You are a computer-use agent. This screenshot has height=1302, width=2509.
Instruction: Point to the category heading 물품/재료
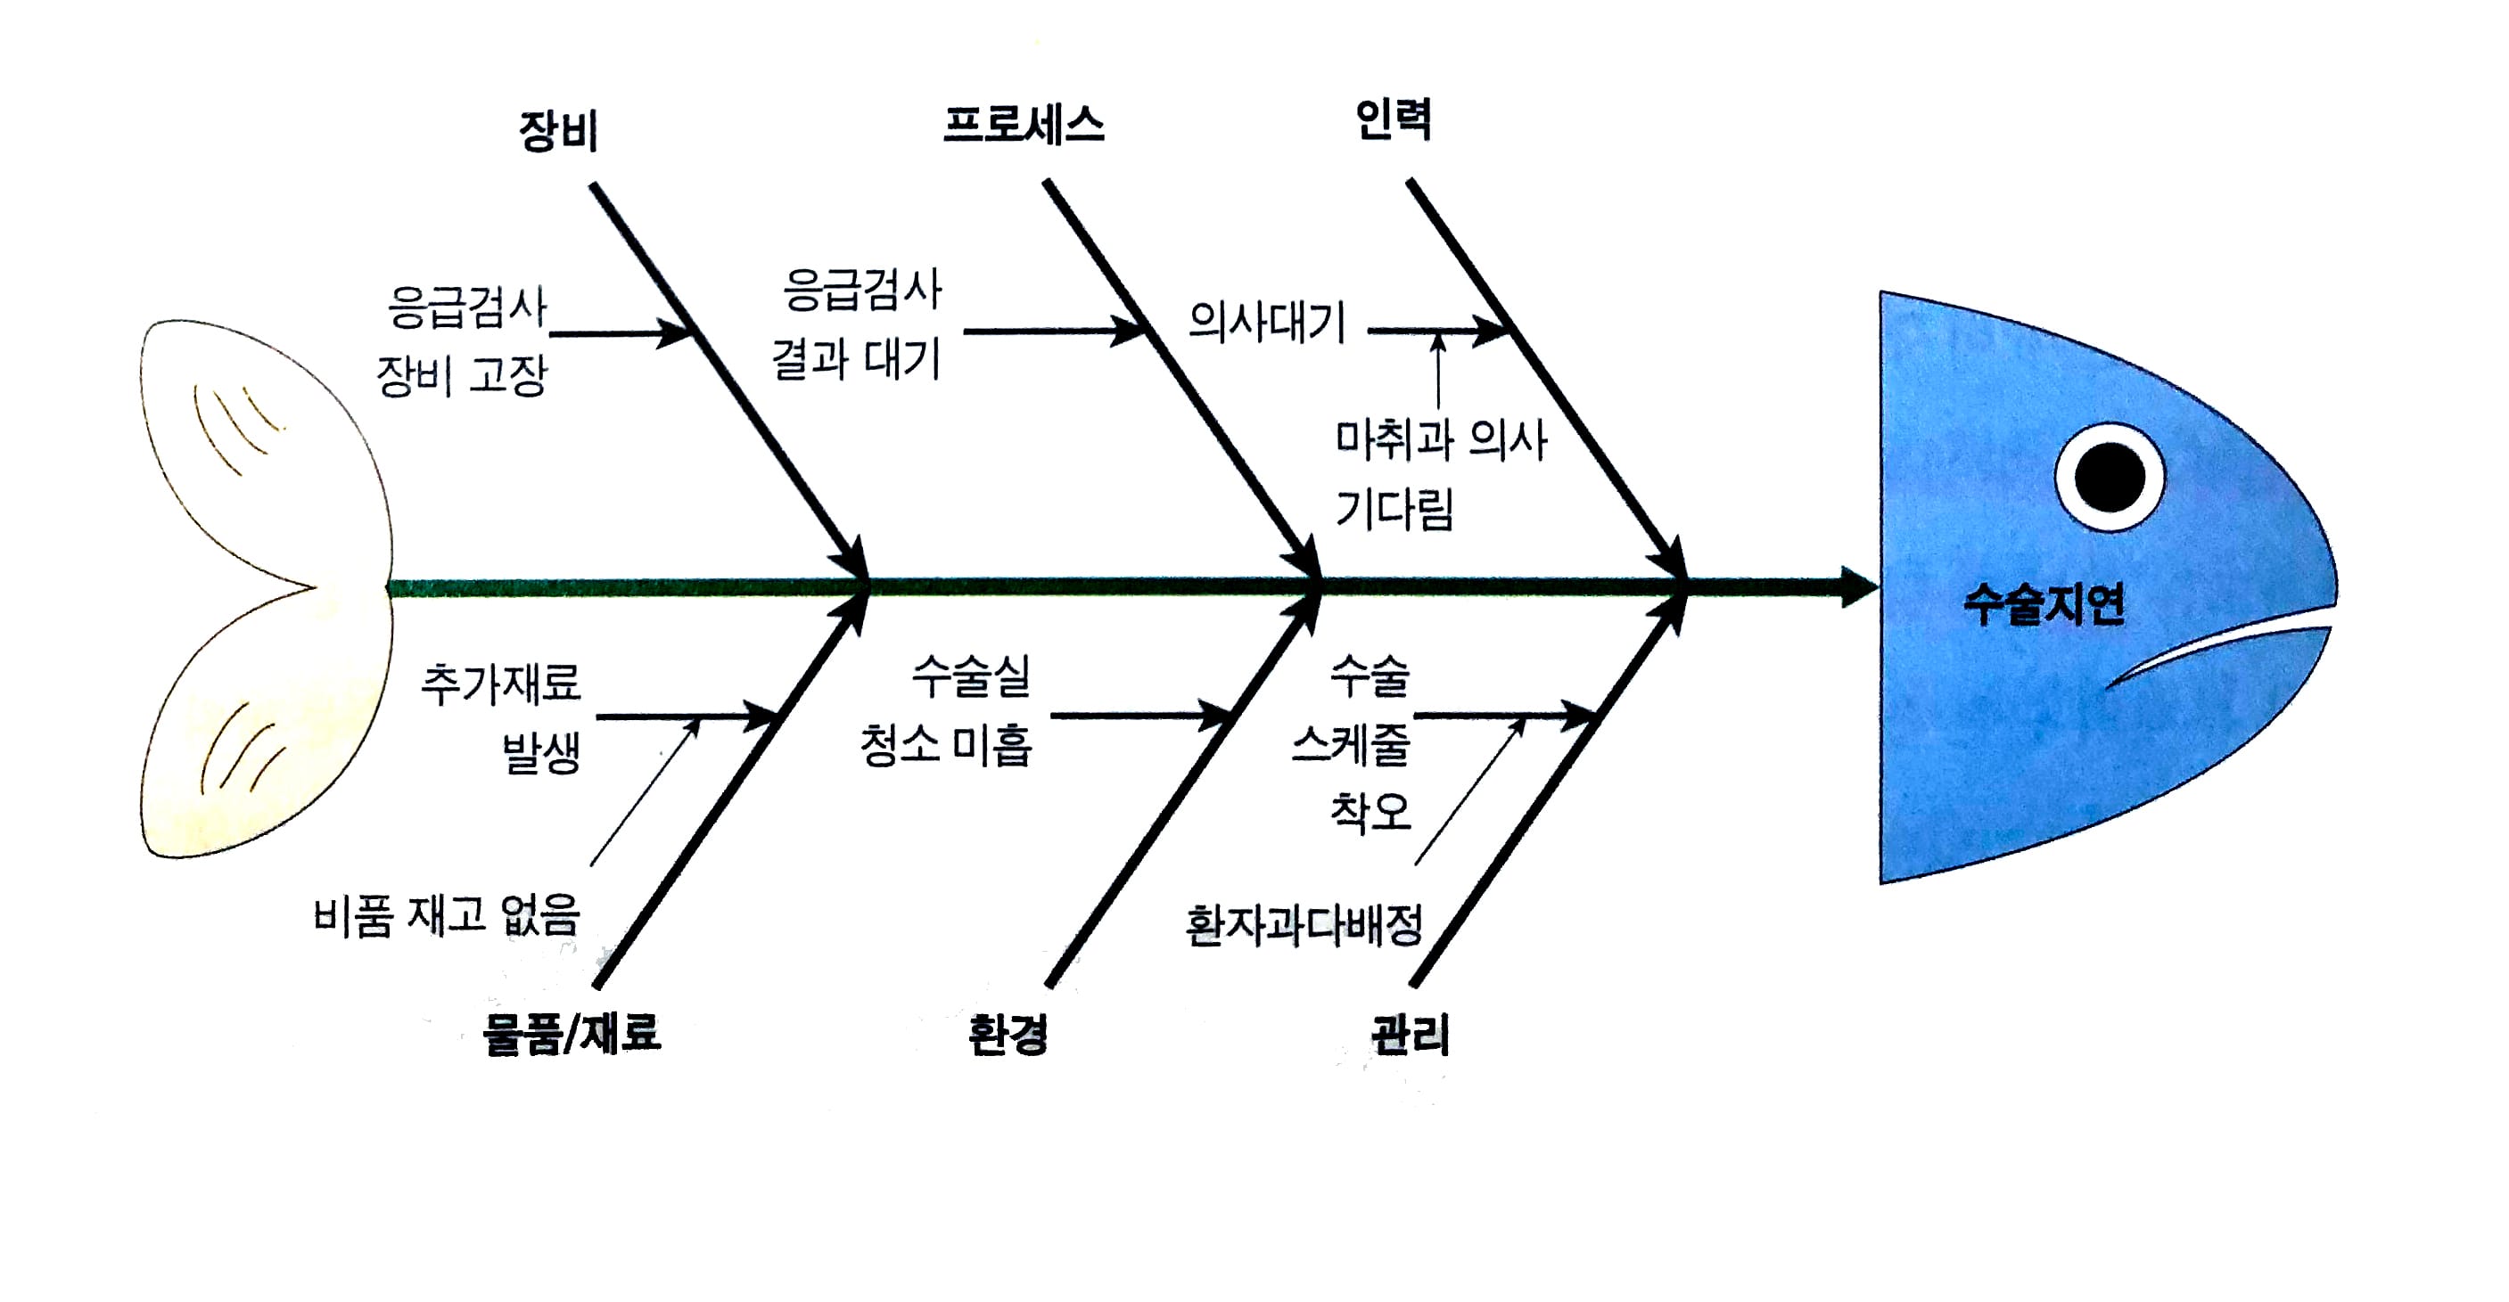click(572, 1033)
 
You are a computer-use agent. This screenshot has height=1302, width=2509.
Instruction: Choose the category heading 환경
click(1008, 1033)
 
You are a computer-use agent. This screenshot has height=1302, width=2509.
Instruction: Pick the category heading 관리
click(1411, 1034)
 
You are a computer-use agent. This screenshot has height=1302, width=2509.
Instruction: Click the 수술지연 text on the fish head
click(2044, 604)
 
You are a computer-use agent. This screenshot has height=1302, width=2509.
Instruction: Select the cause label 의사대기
click(1266, 323)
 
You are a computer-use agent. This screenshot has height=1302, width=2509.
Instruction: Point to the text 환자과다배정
click(1304, 925)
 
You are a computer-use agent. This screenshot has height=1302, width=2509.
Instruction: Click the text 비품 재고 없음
click(447, 916)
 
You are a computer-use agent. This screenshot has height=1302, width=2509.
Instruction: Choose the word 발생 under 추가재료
click(541, 752)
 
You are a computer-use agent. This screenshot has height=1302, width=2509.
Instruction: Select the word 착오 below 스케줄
click(1370, 811)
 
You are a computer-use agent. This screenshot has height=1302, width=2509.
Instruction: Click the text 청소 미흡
click(945, 746)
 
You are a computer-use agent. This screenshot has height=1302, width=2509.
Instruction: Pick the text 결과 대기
click(856, 359)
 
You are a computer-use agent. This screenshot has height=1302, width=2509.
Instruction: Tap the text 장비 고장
click(462, 375)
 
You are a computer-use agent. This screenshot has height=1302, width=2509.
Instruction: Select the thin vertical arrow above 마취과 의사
click(1438, 370)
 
